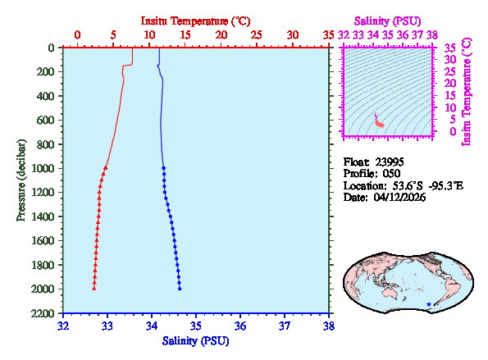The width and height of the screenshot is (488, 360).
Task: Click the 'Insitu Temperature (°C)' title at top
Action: point(195,20)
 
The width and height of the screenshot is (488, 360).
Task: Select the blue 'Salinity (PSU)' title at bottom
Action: point(195,341)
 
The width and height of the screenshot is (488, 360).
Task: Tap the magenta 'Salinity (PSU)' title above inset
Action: point(388,20)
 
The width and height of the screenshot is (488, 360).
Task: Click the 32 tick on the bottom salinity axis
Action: point(63,326)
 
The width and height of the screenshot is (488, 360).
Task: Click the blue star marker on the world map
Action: point(428,304)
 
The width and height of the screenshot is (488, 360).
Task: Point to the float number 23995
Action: point(388,162)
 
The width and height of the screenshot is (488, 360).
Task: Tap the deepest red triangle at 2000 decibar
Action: point(94,289)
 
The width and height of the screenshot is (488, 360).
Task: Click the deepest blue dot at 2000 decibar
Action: point(180,289)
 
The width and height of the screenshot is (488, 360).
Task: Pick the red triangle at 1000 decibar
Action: point(106,168)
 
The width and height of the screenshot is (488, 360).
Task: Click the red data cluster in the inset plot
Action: point(379,123)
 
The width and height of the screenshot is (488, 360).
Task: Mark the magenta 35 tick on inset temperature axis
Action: point(449,48)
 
